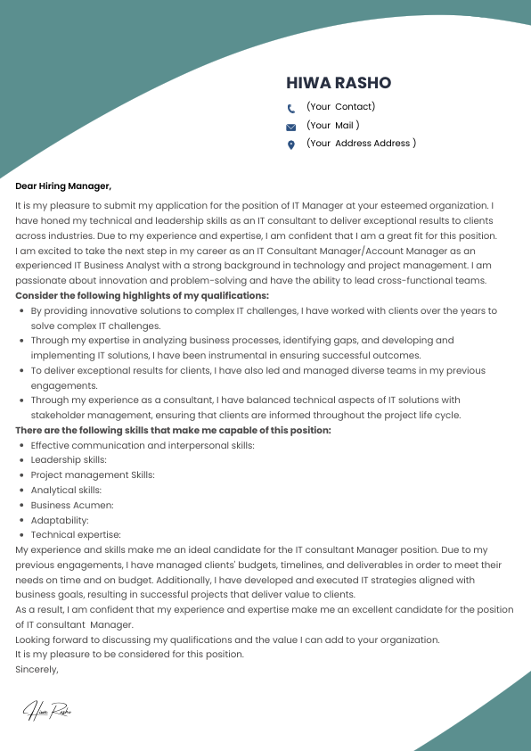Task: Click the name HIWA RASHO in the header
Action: (x=339, y=83)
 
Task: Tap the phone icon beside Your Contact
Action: (x=290, y=109)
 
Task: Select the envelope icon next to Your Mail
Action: (x=290, y=128)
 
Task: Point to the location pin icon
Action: (x=290, y=145)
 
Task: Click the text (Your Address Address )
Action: (x=361, y=143)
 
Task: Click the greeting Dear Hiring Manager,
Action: (x=63, y=186)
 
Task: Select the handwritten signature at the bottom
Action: (x=47, y=710)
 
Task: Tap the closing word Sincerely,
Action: (x=37, y=669)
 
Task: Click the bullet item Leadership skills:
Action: (x=69, y=459)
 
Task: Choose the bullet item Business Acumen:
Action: (x=72, y=505)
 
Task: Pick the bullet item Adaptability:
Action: (x=60, y=520)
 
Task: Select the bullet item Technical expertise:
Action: (x=75, y=535)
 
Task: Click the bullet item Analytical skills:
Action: (x=66, y=490)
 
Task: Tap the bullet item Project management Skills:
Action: (x=93, y=475)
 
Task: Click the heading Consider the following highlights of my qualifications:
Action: (x=142, y=295)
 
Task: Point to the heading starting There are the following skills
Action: (x=173, y=430)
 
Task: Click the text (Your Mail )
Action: (x=332, y=125)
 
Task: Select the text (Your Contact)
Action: (x=340, y=106)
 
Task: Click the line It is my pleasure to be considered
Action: (x=129, y=654)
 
